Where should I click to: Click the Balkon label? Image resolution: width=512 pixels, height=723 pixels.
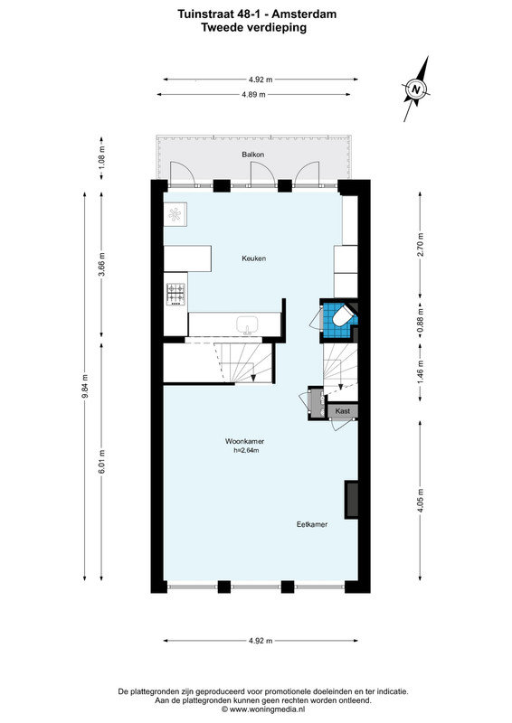pos(253,155)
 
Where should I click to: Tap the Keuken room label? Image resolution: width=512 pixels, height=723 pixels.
pos(254,258)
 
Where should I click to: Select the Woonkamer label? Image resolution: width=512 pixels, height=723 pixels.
pos(244,441)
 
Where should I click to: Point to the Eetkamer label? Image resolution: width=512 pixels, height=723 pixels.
pos(312,524)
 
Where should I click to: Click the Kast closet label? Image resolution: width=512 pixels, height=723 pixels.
pos(343,411)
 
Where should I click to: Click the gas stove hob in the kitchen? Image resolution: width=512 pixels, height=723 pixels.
pos(175,295)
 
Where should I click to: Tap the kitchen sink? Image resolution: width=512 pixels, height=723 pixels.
pos(248,325)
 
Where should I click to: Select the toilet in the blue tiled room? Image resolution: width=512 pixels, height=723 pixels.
pos(342,315)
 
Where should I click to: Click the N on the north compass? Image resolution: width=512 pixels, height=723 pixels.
pos(416,89)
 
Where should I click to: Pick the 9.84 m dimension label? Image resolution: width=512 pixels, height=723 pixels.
pos(85,387)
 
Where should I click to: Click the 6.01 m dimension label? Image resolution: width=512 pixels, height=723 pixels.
pos(102,461)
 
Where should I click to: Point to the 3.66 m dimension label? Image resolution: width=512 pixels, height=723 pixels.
pos(102,264)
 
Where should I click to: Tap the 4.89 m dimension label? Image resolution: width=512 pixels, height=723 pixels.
pos(254,95)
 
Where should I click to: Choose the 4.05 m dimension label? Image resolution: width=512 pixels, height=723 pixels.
pos(420,501)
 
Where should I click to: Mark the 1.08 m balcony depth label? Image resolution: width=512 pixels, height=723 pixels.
pos(102,156)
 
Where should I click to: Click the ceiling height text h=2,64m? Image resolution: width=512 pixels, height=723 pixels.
pos(246,450)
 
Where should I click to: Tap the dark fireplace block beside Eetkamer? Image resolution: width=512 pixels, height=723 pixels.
pos(351,499)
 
